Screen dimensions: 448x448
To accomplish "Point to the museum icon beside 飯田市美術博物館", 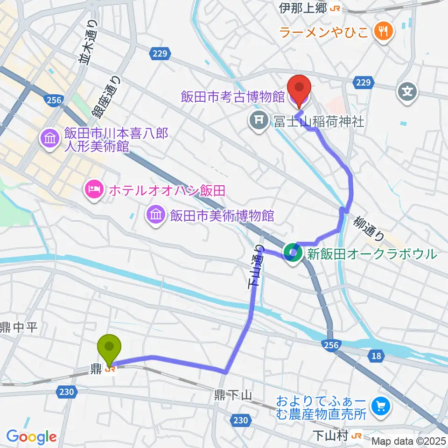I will (x=155, y=215).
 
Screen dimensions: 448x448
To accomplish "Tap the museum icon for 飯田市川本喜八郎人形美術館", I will (x=50, y=138).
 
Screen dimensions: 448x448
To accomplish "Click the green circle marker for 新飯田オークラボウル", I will (x=293, y=254).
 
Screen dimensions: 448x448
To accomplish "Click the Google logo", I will (x=31, y=437).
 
